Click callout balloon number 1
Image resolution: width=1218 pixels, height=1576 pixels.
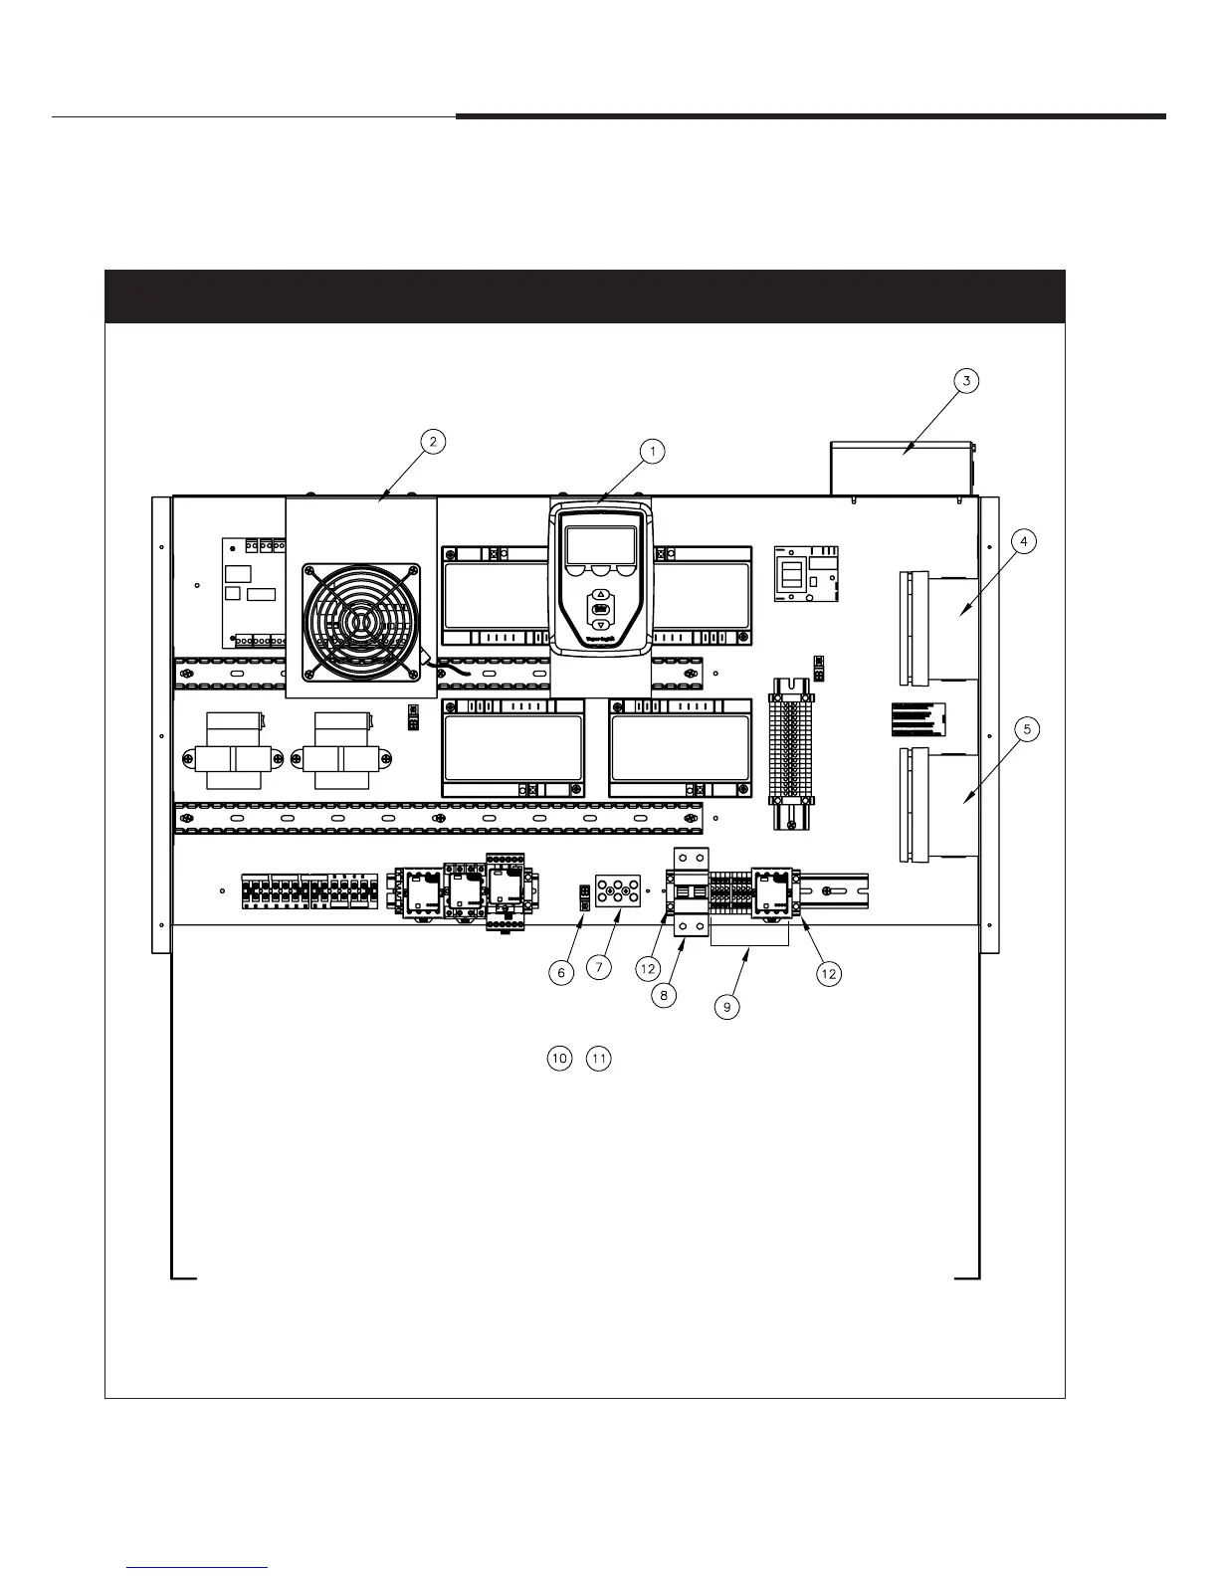653,451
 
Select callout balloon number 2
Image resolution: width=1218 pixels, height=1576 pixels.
432,443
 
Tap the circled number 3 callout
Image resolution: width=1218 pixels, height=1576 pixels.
965,381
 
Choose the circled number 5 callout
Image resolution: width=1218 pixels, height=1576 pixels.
1027,729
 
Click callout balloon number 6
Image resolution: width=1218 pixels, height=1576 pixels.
562,972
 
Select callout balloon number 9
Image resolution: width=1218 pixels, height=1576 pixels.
727,1007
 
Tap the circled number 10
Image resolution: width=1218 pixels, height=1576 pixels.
559,1059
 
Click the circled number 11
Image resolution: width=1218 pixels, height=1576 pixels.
598,1059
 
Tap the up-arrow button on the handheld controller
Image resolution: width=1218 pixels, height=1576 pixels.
600,594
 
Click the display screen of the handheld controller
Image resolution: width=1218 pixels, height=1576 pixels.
600,545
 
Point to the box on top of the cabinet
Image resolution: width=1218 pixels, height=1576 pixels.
901,468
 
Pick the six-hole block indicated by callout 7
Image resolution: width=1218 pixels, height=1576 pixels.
617,891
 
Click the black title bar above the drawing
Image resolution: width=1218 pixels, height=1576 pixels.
585,296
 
